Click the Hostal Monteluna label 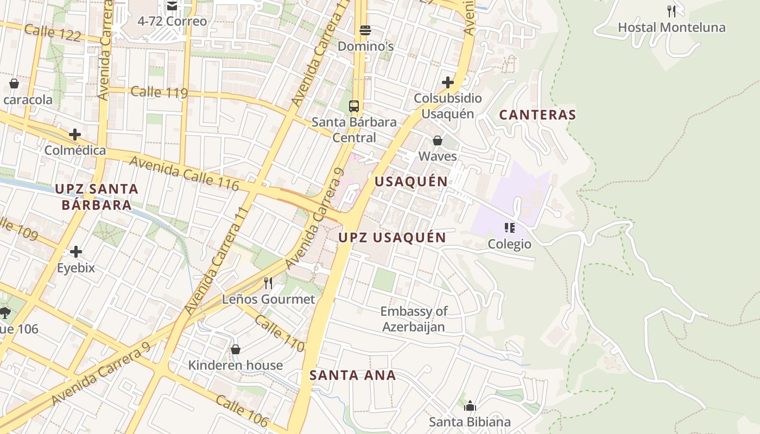[x=672, y=27]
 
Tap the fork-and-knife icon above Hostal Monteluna [x=672, y=11]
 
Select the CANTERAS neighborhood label [x=537, y=115]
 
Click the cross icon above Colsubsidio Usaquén [x=448, y=82]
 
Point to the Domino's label [x=365, y=47]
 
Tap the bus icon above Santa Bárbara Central [x=354, y=106]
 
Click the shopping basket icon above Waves [x=438, y=141]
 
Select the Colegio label [x=509, y=244]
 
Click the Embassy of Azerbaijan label [x=414, y=319]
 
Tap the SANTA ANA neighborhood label [x=353, y=375]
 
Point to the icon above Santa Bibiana [x=470, y=406]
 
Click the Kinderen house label [x=236, y=365]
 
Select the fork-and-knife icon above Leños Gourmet [x=268, y=283]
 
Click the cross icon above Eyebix [x=76, y=252]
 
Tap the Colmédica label [x=75, y=150]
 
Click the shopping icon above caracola [x=14, y=84]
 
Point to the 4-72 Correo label [x=172, y=22]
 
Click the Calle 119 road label [x=159, y=92]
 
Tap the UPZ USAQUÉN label [x=392, y=238]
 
